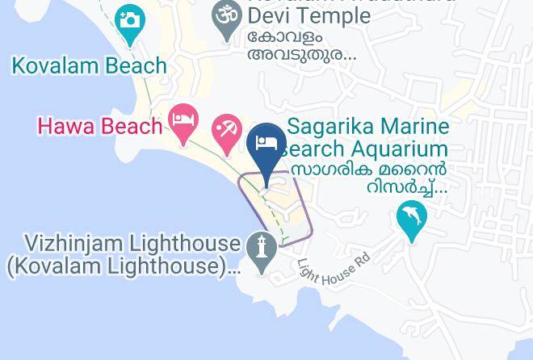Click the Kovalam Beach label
89,65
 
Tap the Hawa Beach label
100,126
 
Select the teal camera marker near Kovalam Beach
130,22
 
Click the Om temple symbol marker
228,15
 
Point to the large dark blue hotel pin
266,145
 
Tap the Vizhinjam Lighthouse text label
132,243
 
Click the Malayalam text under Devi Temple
302,46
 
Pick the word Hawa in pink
62,126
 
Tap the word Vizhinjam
80,243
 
